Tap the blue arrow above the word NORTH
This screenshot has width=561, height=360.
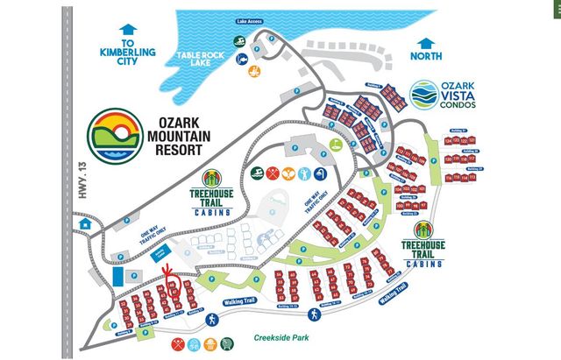427,42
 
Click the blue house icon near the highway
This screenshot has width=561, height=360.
85,223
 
